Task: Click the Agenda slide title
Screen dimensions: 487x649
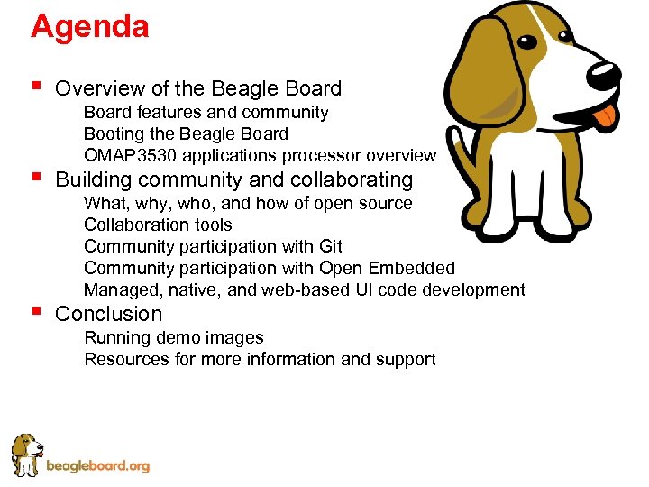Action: pyautogui.click(x=89, y=26)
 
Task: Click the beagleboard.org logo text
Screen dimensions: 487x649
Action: pyautogui.click(x=97, y=466)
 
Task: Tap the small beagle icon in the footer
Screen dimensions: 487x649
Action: pyautogui.click(x=26, y=455)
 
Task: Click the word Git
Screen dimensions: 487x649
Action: pyautogui.click(x=330, y=246)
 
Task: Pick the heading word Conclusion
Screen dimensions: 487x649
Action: pyautogui.click(x=108, y=314)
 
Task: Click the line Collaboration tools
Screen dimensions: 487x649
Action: pyautogui.click(x=158, y=225)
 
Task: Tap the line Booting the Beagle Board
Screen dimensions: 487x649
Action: pyautogui.click(x=186, y=134)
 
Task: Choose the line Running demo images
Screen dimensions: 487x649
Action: pyautogui.click(x=173, y=337)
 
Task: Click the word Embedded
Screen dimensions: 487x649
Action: pyautogui.click(x=415, y=268)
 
